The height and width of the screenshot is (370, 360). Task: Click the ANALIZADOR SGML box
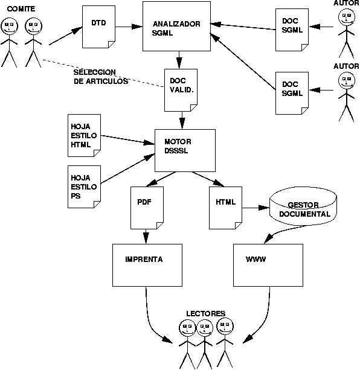pyautogui.click(x=176, y=28)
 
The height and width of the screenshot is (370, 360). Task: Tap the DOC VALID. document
pyautogui.click(x=181, y=89)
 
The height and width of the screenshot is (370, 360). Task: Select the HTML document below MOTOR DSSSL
pyautogui.click(x=225, y=207)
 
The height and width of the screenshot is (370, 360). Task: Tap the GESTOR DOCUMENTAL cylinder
pyautogui.click(x=303, y=208)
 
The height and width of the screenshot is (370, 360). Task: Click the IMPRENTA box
pyautogui.click(x=146, y=265)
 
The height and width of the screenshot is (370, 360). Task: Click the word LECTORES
pyautogui.click(x=205, y=314)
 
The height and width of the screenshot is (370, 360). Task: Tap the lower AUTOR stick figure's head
pyautogui.click(x=346, y=81)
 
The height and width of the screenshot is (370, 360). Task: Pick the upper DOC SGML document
pyautogui.click(x=292, y=28)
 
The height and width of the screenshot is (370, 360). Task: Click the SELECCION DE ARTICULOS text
pyautogui.click(x=100, y=77)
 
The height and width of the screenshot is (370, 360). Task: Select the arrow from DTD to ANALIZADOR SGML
pyautogui.click(x=129, y=27)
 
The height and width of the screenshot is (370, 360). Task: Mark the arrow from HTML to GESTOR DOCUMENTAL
pyautogui.click(x=256, y=208)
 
